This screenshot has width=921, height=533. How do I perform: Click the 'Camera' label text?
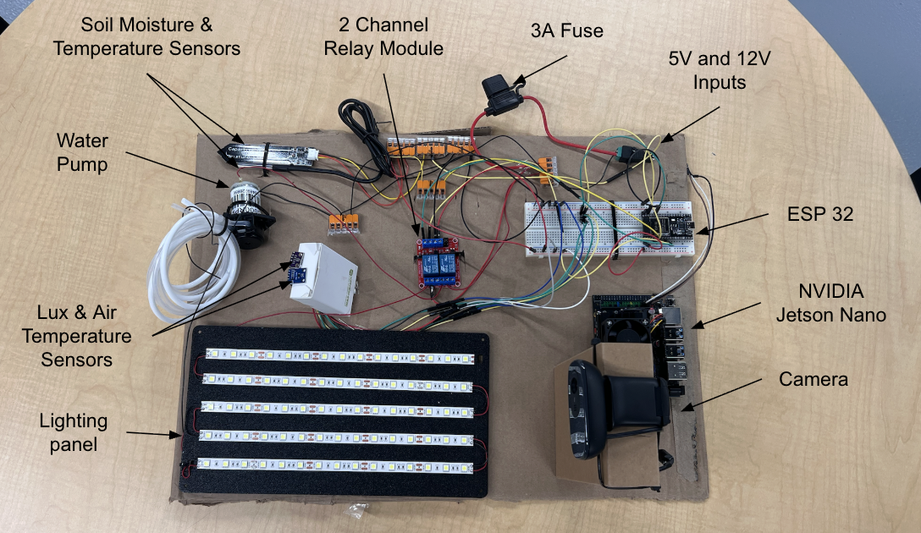point(813,379)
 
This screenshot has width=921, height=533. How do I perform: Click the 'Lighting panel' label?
point(74,431)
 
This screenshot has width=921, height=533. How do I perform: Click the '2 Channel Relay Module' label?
point(383,36)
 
